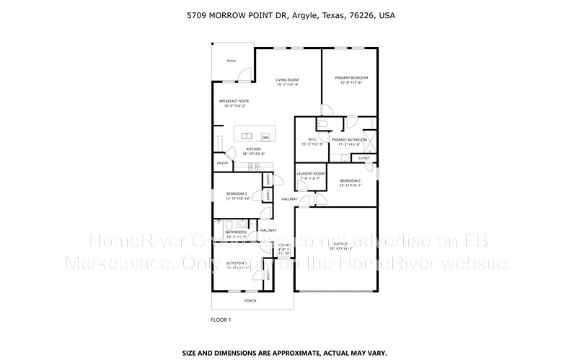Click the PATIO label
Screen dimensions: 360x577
point(232,61)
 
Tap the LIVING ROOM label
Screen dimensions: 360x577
point(288,79)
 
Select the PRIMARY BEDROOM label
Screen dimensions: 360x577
point(351,77)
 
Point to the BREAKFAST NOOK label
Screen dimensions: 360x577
point(234,101)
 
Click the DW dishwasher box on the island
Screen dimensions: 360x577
point(265,136)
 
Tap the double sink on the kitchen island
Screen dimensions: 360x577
point(247,136)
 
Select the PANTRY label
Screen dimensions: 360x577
point(221,163)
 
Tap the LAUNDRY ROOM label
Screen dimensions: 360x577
point(311,174)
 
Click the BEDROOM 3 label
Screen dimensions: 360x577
point(237,193)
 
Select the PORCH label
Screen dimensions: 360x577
point(250,300)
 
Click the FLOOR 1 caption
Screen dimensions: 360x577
point(221,318)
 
